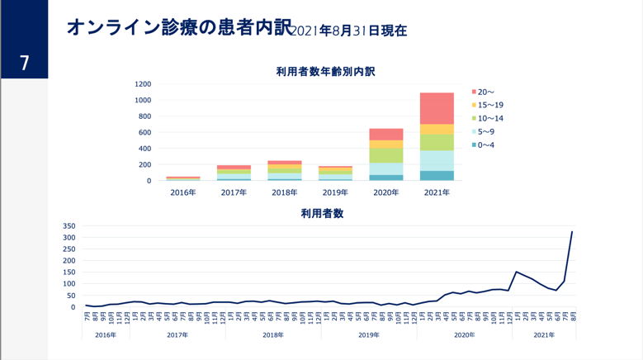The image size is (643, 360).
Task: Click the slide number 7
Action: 24,63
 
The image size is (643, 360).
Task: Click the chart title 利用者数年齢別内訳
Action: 325,72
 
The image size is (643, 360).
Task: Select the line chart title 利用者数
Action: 322,214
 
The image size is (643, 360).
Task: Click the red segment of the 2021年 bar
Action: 437,108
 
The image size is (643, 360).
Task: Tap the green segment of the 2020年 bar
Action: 386,155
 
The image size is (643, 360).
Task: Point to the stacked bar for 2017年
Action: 234,173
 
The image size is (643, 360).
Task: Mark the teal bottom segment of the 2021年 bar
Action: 437,176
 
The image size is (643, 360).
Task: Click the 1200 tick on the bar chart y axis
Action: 143,84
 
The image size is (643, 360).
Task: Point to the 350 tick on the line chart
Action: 69,226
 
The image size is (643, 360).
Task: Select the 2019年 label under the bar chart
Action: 335,193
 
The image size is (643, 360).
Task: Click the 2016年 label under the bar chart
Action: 183,193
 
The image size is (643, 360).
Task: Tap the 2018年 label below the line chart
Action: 273,335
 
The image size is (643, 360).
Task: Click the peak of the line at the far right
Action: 572,232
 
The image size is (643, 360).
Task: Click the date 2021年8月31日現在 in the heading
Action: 350,31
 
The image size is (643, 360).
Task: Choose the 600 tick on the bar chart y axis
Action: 145,132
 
